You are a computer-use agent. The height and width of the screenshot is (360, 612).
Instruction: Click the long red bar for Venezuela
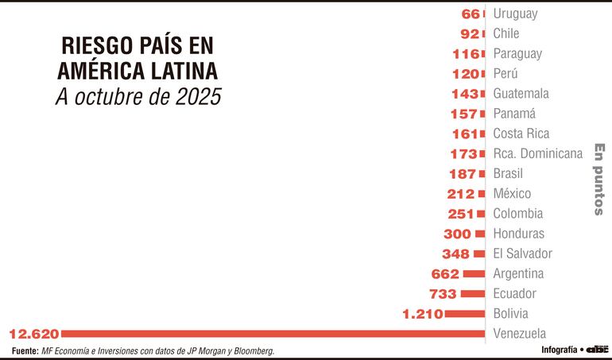click(x=270, y=333)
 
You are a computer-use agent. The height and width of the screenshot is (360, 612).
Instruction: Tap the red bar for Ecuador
click(x=473, y=294)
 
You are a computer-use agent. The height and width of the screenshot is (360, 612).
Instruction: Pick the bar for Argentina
click(x=474, y=273)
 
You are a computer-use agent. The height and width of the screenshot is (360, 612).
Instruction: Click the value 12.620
click(x=31, y=333)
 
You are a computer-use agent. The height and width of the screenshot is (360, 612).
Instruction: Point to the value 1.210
click(x=422, y=314)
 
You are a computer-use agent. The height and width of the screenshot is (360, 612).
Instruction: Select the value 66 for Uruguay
click(x=471, y=14)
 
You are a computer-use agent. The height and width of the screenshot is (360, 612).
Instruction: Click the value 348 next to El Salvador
click(x=456, y=254)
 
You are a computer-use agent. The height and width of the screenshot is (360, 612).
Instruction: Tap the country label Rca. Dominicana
click(x=538, y=153)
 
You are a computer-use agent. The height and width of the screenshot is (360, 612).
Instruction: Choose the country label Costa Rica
click(x=521, y=134)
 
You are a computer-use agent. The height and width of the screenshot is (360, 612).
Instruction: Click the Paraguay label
click(x=517, y=53)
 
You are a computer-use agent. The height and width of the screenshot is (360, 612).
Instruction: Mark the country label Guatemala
click(x=521, y=93)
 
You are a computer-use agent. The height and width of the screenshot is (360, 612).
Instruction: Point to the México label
click(x=512, y=193)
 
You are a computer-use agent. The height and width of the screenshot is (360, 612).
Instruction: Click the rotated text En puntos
click(x=600, y=180)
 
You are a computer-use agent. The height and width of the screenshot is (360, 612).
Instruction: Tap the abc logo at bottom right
click(x=598, y=350)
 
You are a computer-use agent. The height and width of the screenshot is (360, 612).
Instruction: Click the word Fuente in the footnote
click(x=25, y=350)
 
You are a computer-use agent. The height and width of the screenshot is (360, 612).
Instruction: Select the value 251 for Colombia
click(x=461, y=214)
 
